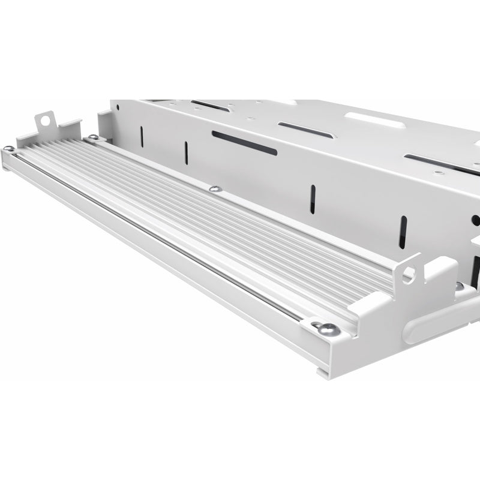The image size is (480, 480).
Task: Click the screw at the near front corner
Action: [x=329, y=329]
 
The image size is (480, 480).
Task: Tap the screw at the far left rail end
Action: [x=9, y=148]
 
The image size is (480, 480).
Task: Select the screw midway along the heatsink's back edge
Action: [x=215, y=190]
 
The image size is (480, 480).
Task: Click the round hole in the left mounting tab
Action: [x=45, y=122]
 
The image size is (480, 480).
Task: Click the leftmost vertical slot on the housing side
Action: [x=142, y=137]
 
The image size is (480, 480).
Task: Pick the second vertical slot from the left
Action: [x=186, y=152]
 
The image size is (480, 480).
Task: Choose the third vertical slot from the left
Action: [x=313, y=199]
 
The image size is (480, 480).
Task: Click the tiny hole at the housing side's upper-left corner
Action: [x=118, y=109]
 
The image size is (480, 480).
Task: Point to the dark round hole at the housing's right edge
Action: [x=476, y=220]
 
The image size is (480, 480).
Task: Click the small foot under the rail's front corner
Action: [x=323, y=373]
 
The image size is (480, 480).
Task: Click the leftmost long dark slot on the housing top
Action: [x=210, y=106]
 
